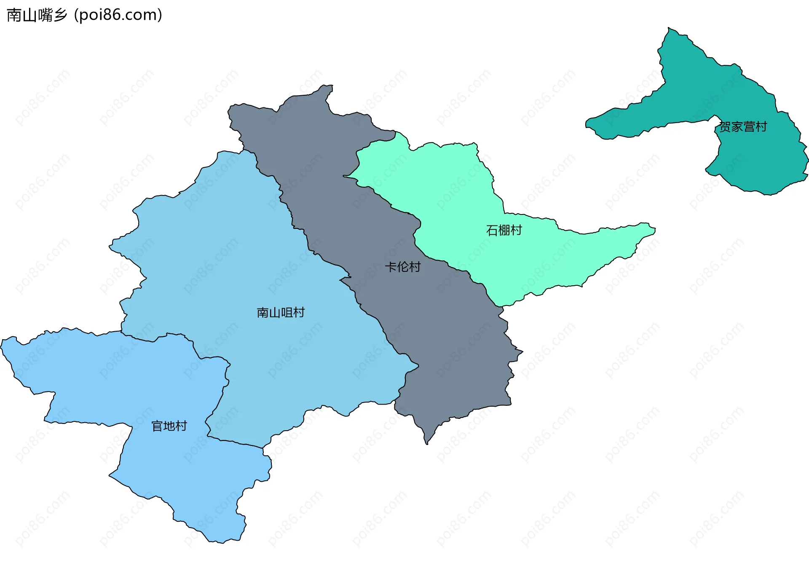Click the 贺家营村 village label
[x=743, y=127]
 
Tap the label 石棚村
[x=504, y=230]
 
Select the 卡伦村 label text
[x=403, y=267]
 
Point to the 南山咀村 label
[x=281, y=313]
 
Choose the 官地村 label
[x=169, y=426]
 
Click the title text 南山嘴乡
[x=37, y=15]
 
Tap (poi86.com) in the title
[x=118, y=15]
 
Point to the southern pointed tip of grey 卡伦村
[x=426, y=443]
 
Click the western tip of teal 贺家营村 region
[x=587, y=123]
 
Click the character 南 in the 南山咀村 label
[x=263, y=313]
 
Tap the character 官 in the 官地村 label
[x=157, y=426]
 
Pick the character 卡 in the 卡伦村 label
[x=391, y=267]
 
